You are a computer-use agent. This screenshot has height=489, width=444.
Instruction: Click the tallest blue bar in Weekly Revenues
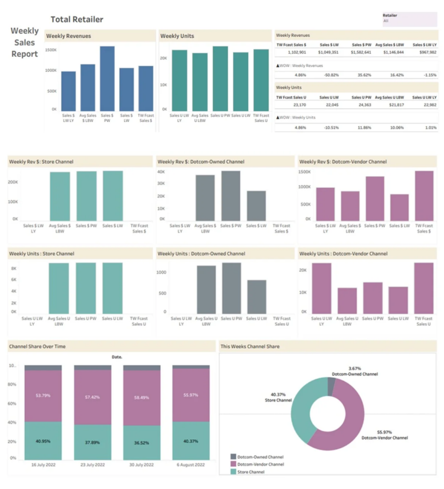point(107,78)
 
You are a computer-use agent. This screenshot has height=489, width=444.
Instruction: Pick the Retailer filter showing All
point(409,19)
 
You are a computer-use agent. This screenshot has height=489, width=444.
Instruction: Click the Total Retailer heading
point(77,20)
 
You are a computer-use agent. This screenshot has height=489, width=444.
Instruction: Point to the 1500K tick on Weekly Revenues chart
point(51,50)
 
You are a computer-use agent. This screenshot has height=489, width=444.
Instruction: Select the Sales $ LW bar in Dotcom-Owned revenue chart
point(256,205)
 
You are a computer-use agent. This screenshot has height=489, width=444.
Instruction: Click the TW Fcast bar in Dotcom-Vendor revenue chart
point(424,195)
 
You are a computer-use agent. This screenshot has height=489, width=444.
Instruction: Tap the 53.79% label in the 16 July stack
point(43,395)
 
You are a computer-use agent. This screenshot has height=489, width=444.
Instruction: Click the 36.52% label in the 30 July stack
point(142,443)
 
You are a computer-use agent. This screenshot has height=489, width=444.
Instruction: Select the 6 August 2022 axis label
point(190,464)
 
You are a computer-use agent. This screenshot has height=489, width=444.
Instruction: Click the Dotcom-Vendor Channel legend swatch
point(233,464)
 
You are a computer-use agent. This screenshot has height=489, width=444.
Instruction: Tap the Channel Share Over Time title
point(37,346)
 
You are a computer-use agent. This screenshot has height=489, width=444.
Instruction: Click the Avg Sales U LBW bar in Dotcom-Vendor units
point(347,300)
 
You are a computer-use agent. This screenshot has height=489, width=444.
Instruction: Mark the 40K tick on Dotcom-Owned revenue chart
point(161,172)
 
